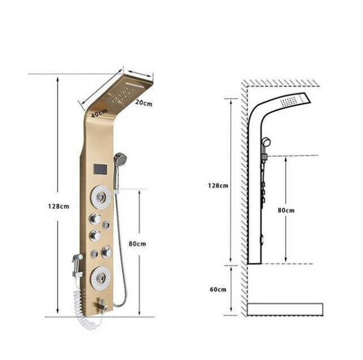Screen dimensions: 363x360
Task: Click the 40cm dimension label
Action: tap(100, 113)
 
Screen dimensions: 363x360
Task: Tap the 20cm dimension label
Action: tap(144, 102)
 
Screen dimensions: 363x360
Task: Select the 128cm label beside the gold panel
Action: tap(59, 206)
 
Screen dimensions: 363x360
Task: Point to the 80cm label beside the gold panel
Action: tap(137, 244)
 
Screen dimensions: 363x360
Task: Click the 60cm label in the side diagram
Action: tap(218, 289)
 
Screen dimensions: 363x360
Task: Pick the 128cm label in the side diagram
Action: tap(218, 185)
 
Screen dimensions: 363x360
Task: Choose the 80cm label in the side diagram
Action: tap(286, 210)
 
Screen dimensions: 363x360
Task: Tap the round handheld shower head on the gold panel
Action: tap(120, 159)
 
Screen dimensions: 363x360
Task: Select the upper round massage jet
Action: tap(101, 197)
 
